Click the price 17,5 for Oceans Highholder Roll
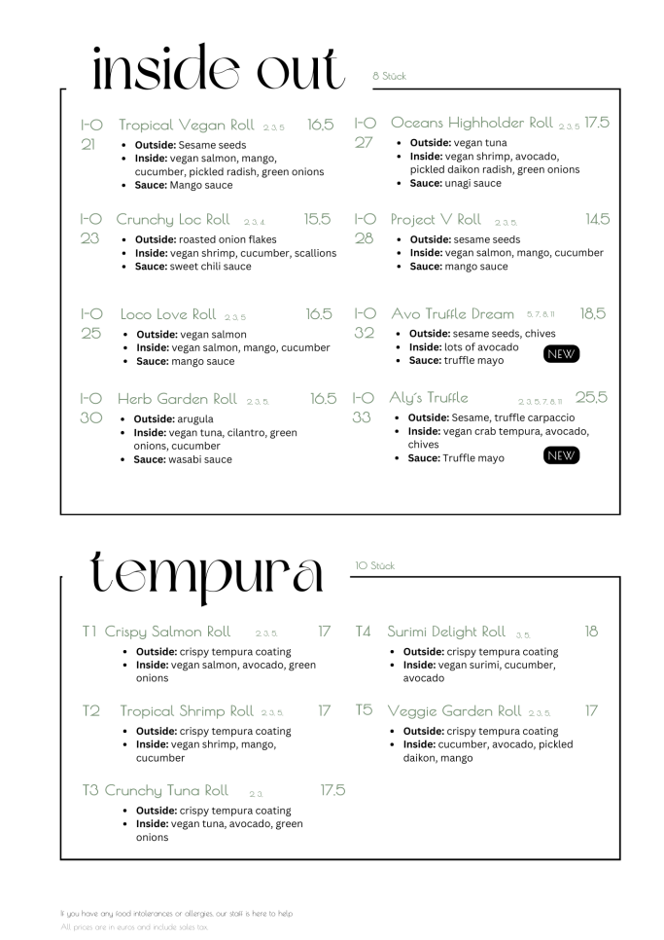(x=597, y=123)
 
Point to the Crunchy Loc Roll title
(x=173, y=219)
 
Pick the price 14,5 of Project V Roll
(x=597, y=219)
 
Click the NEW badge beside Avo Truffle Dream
(x=561, y=354)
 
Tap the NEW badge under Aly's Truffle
(x=561, y=455)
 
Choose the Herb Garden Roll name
(x=177, y=399)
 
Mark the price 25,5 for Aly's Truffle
(x=591, y=397)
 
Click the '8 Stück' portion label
(x=389, y=76)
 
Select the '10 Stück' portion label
(x=375, y=565)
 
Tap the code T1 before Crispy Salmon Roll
(x=89, y=632)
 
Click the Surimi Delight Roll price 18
(x=591, y=632)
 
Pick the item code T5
(x=364, y=710)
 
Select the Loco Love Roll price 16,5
(x=319, y=314)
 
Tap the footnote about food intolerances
(x=176, y=913)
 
